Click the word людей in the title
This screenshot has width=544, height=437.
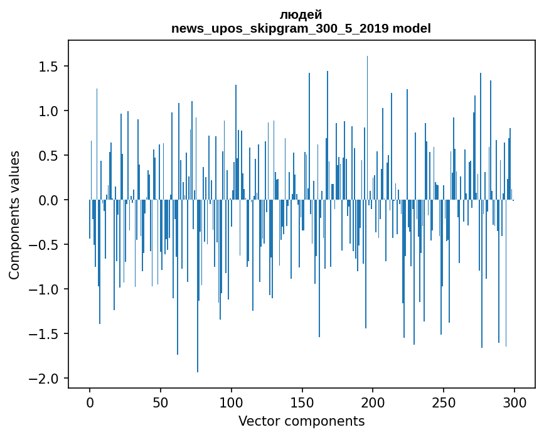click(x=301, y=14)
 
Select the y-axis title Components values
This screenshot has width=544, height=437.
click(x=14, y=214)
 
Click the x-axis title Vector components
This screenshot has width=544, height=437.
click(x=301, y=421)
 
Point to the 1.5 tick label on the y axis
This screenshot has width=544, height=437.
click(x=49, y=67)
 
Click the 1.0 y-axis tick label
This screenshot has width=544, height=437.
click(x=49, y=111)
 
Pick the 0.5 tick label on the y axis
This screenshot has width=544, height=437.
click(x=49, y=156)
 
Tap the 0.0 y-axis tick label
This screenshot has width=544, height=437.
click(x=49, y=200)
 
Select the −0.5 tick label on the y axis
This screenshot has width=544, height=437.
click(x=45, y=245)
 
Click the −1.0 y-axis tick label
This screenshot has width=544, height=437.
click(x=45, y=289)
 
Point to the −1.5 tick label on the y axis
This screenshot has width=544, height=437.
click(x=45, y=334)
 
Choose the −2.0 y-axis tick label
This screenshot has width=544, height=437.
click(x=45, y=379)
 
